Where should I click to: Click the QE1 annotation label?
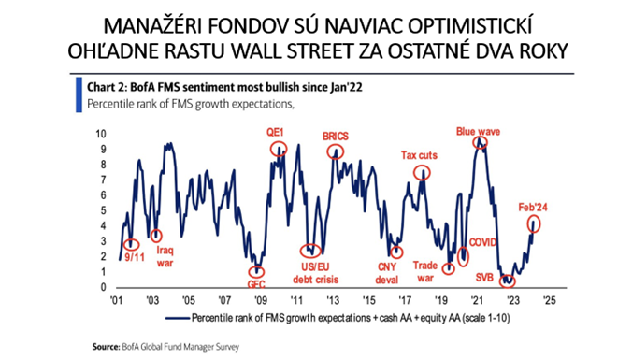click(273, 133)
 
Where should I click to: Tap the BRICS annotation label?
click(334, 137)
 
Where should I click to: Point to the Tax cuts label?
click(422, 155)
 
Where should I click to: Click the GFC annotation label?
click(257, 284)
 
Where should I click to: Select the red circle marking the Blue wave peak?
click(480, 143)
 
